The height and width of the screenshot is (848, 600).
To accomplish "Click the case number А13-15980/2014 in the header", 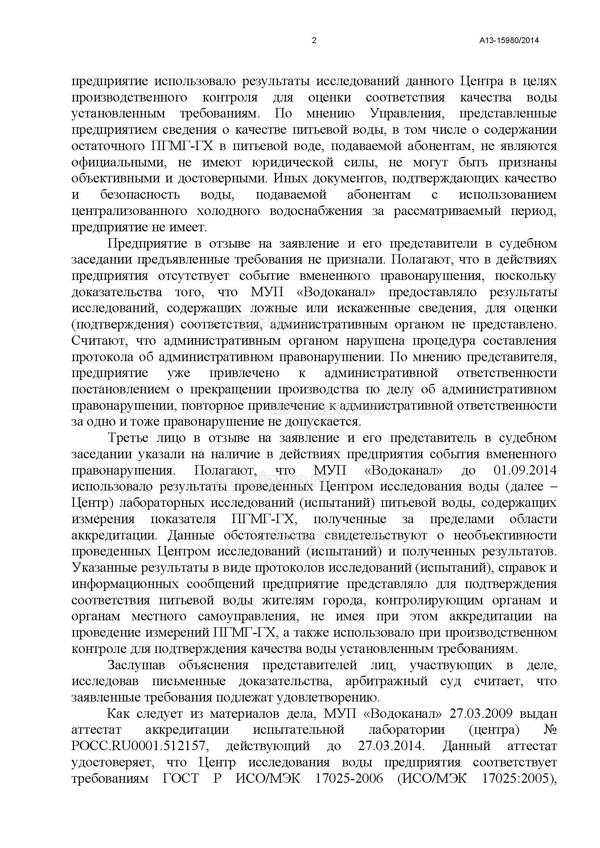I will (509, 41).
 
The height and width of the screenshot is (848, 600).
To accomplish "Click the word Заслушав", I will (136, 666).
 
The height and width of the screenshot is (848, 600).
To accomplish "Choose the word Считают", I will (99, 340).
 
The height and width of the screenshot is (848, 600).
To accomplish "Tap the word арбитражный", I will (387, 682).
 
